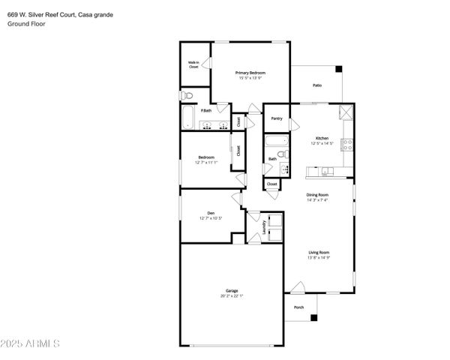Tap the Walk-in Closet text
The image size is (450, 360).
pyautogui.click(x=193, y=65)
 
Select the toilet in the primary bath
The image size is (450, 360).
pyautogui.click(x=187, y=95)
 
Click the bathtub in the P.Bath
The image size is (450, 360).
pyautogui.click(x=188, y=118)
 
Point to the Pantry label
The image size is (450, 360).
pyautogui.click(x=277, y=118)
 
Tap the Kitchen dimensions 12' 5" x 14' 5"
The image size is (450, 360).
pyautogui.click(x=322, y=144)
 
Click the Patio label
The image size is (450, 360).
pyautogui.click(x=317, y=85)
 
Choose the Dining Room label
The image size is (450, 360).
pyautogui.click(x=318, y=194)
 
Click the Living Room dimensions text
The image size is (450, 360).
pyautogui.click(x=318, y=258)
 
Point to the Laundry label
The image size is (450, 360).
pyautogui.click(x=264, y=227)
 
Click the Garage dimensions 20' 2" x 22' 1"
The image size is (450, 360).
pyautogui.click(x=232, y=295)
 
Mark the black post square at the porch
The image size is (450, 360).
pyautogui.click(x=314, y=318)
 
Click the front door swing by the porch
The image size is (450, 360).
pyautogui.click(x=298, y=287)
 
